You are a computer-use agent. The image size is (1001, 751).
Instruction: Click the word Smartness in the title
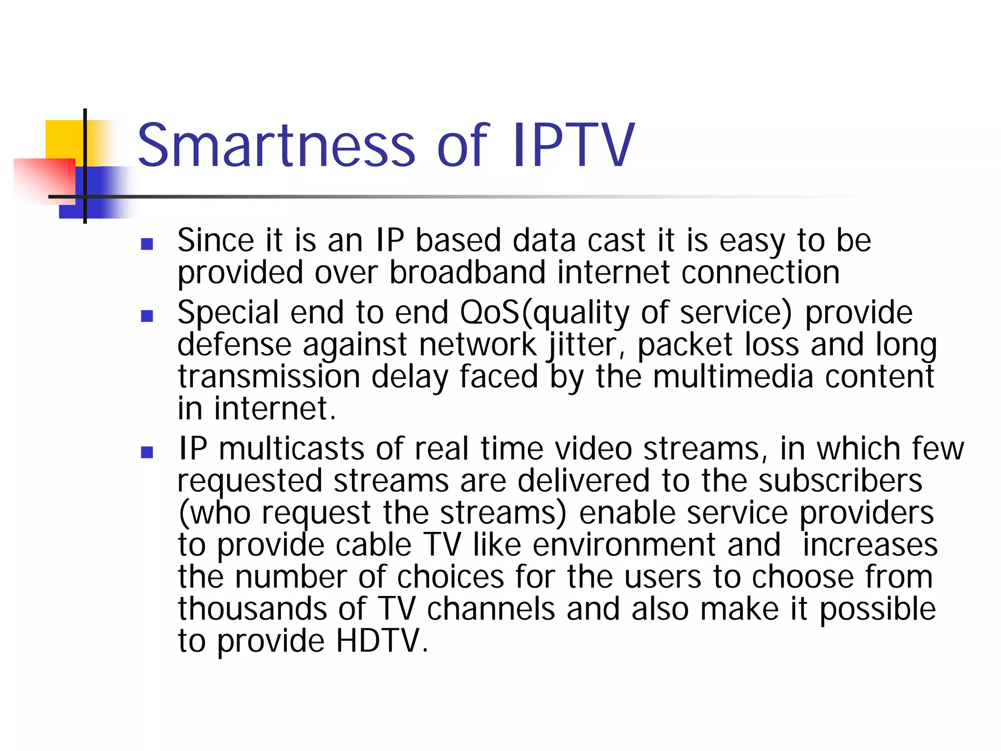tap(277, 145)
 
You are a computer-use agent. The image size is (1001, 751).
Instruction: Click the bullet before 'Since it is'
tap(147, 243)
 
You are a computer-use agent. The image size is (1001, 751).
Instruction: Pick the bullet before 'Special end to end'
tap(147, 316)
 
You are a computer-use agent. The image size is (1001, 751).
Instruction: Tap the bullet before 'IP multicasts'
tap(147, 452)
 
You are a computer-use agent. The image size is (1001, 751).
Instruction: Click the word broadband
tap(467, 272)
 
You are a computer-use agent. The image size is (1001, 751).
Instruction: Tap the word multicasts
tap(291, 449)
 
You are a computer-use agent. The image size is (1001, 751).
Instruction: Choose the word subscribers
tap(840, 481)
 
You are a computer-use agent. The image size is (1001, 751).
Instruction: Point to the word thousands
tap(252, 609)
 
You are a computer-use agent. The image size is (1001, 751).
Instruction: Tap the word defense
tap(234, 345)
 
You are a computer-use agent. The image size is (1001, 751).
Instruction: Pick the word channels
tap(491, 609)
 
